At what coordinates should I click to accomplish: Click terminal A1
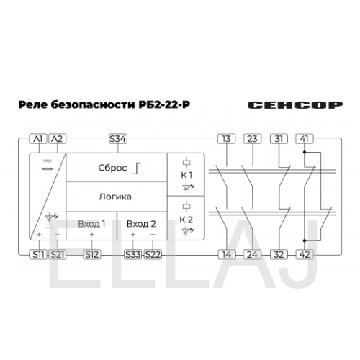coord(38,139)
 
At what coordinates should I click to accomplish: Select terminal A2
coord(57,139)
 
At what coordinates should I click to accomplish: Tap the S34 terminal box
coord(118,139)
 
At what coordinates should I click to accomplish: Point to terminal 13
coord(227,139)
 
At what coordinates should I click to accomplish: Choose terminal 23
coord(253,139)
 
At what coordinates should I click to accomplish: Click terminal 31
coord(279,139)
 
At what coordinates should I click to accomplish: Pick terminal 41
coord(305,139)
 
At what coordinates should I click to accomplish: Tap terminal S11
coord(38,254)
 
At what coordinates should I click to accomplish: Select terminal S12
coord(92,254)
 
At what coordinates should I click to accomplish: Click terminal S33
coord(133,254)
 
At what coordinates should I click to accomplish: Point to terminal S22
coord(153,254)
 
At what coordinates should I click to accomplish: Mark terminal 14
coord(227,254)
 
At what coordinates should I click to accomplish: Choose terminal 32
coord(279,254)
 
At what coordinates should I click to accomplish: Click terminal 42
coord(305,254)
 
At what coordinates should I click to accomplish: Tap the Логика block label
coord(115,197)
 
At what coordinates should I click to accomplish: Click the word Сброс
coord(112,168)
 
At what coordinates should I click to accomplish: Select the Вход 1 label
coord(91,224)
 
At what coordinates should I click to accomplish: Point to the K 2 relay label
coord(186,220)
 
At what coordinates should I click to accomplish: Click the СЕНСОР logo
coord(295,105)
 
